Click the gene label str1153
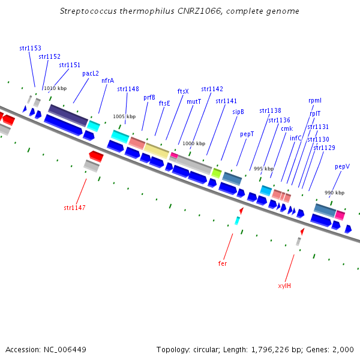click(30, 47)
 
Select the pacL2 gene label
click(91, 73)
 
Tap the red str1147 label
click(74, 208)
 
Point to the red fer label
click(223, 263)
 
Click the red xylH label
click(284, 286)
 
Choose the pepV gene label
click(342, 166)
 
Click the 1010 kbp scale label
click(55, 88)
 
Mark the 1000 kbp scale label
click(194, 144)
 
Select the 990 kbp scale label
click(334, 193)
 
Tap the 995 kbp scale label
click(263, 169)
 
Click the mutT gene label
click(194, 101)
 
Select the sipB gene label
click(238, 112)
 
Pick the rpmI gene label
click(315, 100)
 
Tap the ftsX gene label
click(183, 91)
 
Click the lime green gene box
click(217, 173)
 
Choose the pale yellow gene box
click(157, 151)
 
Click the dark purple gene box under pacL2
click(68, 115)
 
